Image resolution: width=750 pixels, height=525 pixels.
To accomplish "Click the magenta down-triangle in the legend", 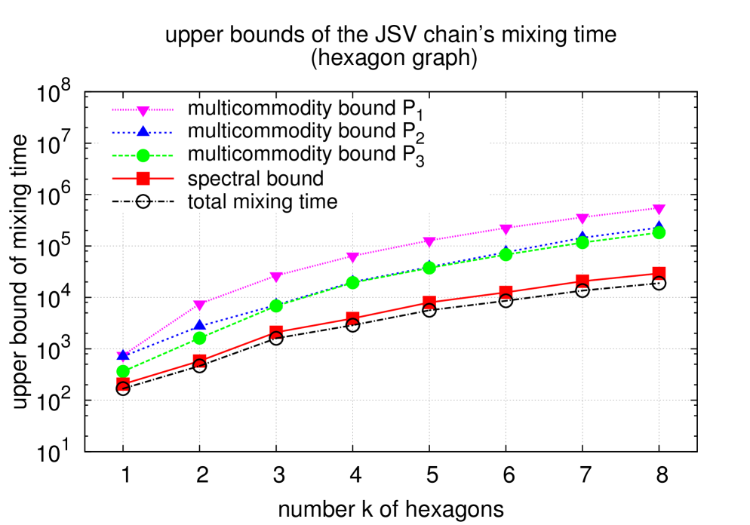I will [143, 111].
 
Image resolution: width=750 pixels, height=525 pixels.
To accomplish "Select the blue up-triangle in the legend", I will [143, 132].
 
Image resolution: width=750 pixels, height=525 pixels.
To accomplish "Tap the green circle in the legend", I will [143, 156].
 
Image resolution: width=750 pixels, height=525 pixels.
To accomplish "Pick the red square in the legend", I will [143, 179].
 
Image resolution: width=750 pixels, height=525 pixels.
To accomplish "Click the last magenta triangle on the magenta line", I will [659, 210].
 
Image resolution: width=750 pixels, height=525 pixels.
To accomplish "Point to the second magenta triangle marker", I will [200, 305].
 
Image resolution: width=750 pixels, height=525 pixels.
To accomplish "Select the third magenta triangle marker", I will [276, 277].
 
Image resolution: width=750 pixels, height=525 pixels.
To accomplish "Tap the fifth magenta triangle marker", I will [429, 242].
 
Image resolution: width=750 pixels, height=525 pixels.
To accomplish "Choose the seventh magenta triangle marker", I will [582, 220].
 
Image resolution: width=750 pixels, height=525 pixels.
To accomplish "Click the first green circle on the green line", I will [123, 371].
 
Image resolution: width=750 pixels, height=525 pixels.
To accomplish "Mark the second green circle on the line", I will [200, 338].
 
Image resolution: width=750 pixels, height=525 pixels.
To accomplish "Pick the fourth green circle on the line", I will [352, 283].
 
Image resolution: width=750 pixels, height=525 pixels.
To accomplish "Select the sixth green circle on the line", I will [506, 254].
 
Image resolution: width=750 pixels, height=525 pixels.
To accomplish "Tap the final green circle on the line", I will [659, 233].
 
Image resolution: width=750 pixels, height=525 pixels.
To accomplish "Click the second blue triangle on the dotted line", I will [200, 325].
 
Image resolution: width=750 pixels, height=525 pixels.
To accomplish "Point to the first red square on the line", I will [123, 384].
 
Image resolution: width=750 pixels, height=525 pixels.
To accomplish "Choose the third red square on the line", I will [276, 332].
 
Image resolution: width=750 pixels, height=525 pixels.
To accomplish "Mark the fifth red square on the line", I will [429, 302].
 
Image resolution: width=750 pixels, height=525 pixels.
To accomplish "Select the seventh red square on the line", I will [582, 281].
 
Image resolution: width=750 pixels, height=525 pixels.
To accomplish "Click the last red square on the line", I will [659, 273].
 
